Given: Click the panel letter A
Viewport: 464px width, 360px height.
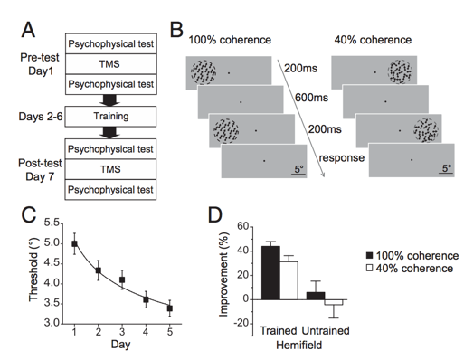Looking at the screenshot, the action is pos(28,30).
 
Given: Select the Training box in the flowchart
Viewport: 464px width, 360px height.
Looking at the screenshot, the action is pos(110,117).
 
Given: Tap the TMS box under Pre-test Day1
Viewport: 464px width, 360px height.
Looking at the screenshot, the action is pos(111,64).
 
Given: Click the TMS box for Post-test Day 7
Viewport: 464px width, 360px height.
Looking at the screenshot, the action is pos(110,169).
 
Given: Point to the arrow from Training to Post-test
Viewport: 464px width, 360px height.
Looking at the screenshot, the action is pos(109,133).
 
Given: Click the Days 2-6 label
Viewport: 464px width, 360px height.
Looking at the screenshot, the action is pos(41,117).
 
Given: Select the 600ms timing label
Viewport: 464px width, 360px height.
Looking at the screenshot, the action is pos(311,98).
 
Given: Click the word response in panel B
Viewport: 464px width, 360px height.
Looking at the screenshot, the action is pos(342,157).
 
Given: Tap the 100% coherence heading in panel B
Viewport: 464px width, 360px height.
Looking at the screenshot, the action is pos(230,40).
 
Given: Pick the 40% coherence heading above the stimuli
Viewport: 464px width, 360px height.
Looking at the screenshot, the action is pos(373,40).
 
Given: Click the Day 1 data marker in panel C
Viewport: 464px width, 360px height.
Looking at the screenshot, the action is pos(74,243).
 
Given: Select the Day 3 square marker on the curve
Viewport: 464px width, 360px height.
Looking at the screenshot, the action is pos(122,279).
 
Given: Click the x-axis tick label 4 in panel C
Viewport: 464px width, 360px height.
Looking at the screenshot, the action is pos(146,332).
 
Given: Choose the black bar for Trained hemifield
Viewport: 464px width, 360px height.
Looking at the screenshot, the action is pos(270,273).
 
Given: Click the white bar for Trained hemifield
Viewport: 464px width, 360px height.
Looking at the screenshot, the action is pos(289,280).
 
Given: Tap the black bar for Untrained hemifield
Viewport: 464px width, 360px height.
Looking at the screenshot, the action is pos(316,296).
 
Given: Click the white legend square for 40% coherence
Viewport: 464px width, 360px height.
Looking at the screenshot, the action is pos(369,268).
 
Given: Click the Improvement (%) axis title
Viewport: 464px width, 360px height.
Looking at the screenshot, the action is pos(223,274).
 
